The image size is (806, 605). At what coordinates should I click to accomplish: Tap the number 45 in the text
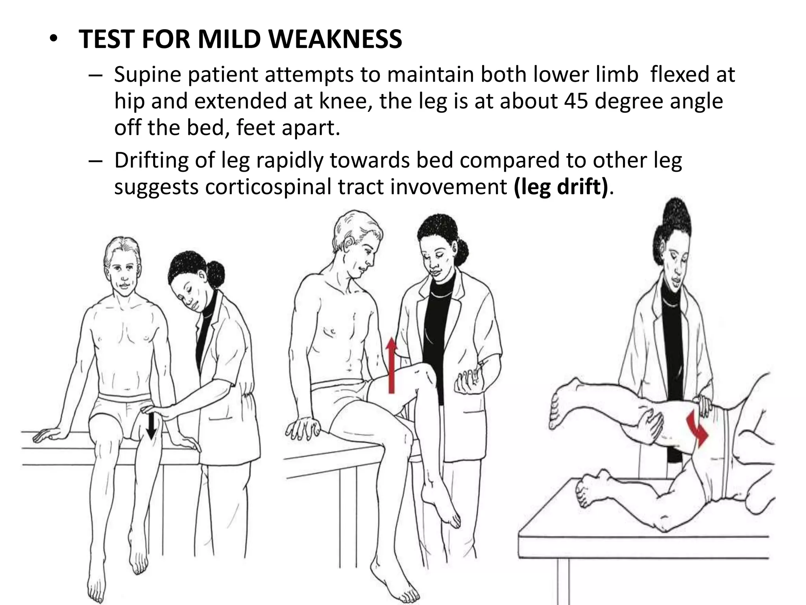coord(576,101)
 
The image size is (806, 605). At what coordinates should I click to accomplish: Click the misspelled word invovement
coord(448,187)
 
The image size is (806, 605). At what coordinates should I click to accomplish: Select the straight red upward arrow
coord(391,365)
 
